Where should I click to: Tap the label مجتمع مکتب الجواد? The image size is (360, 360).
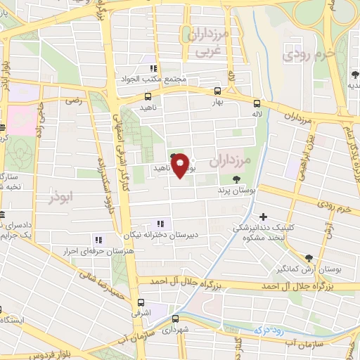tap(162, 79)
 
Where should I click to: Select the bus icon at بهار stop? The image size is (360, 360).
tap(217, 91)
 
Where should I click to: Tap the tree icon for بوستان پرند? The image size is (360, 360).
tap(245, 179)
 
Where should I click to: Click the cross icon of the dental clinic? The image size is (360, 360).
tap(264, 217)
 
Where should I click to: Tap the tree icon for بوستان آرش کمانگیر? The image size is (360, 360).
tap(309, 257)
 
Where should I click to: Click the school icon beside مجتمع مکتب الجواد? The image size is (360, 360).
tap(153, 68)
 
